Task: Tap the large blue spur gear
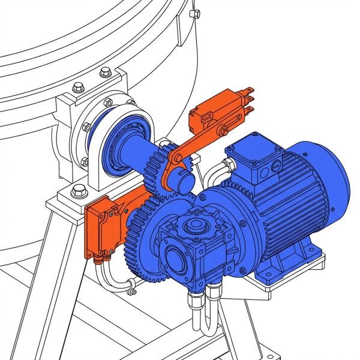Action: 144,240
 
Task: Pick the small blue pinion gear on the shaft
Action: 157,171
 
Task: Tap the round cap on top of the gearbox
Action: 194,226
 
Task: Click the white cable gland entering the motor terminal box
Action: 227,164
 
